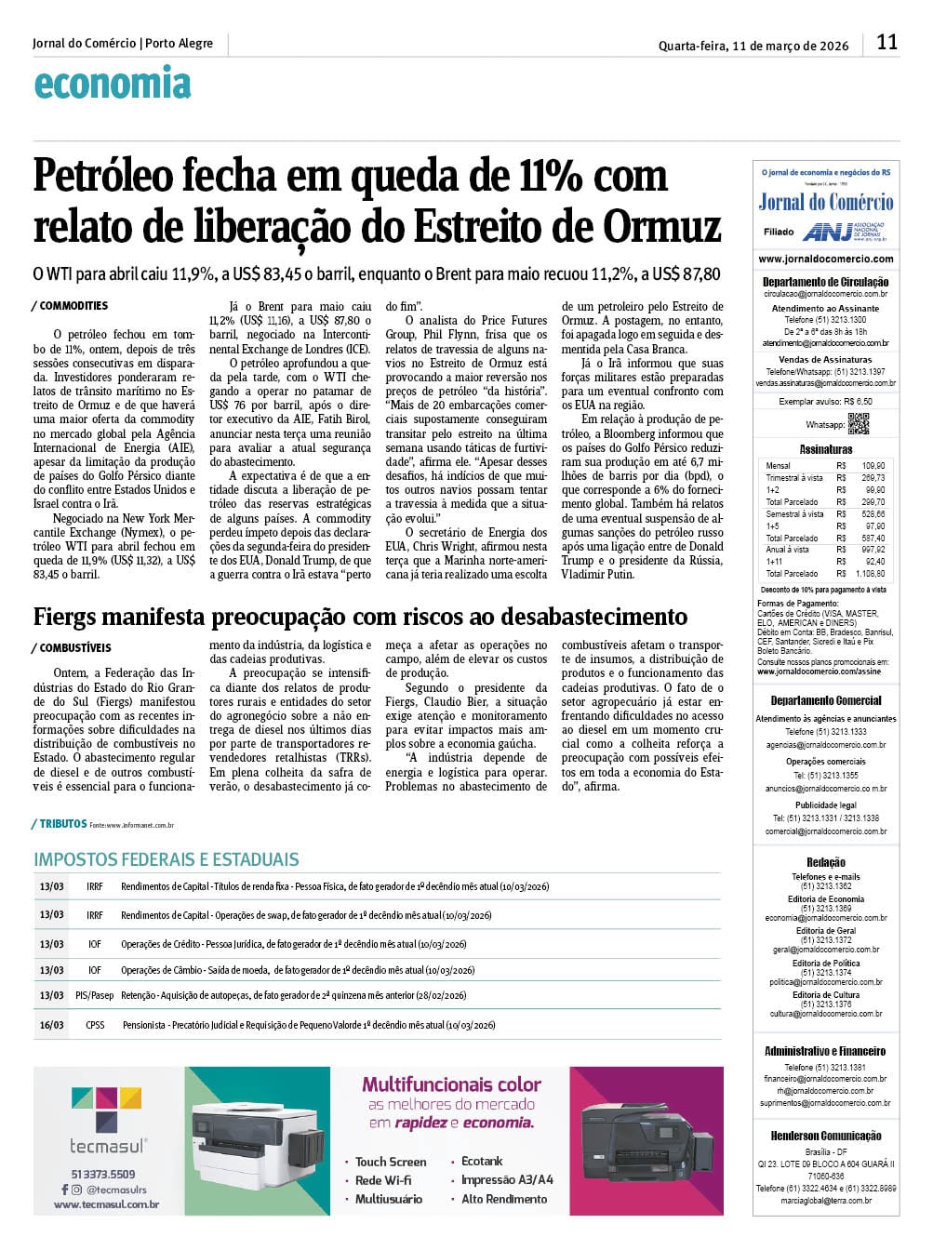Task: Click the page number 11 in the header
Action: tap(886, 43)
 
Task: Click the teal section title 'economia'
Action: tap(113, 85)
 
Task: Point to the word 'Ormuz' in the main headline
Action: tap(662, 226)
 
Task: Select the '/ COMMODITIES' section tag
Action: tap(71, 306)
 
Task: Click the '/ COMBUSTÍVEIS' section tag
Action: tap(72, 647)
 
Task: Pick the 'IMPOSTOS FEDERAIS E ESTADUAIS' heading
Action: tap(167, 859)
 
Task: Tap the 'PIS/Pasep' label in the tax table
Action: tap(94, 995)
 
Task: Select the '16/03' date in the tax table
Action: tap(51, 1025)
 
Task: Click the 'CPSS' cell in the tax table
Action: tap(95, 1025)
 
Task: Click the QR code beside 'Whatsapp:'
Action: tap(858, 423)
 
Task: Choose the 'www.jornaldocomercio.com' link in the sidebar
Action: tap(825, 259)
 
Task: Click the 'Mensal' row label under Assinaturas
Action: tap(778, 465)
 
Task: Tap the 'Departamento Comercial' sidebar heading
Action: tap(826, 700)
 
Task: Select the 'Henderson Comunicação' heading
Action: tap(826, 1136)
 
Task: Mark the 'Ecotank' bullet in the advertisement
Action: tap(482, 1161)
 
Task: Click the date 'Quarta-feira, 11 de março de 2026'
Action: tap(753, 46)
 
